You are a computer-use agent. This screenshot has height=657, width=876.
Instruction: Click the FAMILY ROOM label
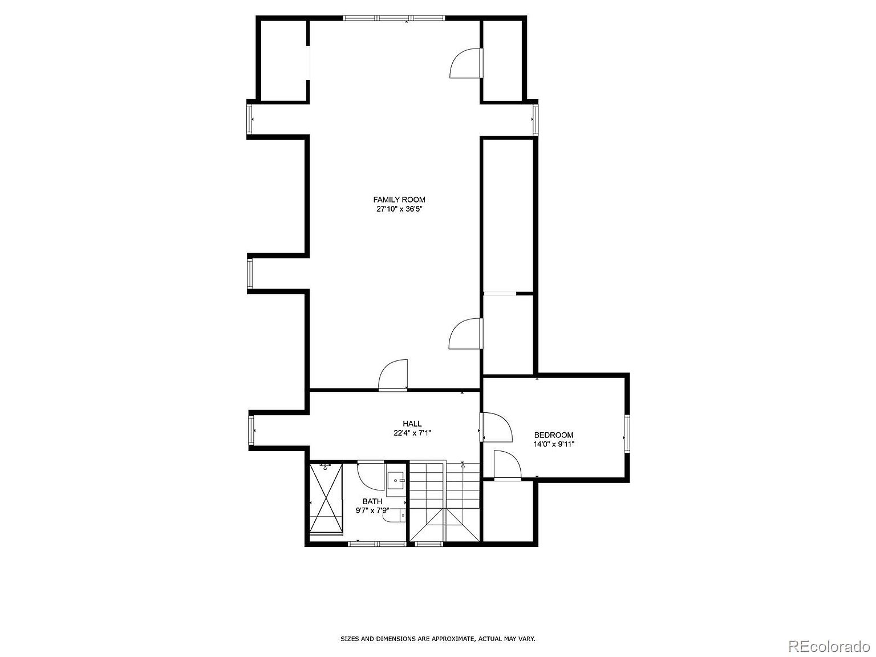click(x=399, y=200)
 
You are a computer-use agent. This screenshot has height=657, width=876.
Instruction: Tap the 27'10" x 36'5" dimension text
click(x=399, y=209)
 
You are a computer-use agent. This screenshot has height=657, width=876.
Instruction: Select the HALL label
click(x=412, y=424)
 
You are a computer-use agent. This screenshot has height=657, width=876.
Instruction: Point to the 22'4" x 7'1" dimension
click(x=412, y=433)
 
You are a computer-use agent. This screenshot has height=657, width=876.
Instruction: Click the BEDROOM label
click(x=553, y=435)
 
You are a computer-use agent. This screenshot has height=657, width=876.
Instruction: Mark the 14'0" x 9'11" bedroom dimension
click(x=553, y=444)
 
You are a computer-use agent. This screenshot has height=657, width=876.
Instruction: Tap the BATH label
click(x=372, y=501)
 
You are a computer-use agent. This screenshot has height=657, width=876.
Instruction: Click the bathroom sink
click(x=395, y=481)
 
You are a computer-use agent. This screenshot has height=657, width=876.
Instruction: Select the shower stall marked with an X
click(x=326, y=498)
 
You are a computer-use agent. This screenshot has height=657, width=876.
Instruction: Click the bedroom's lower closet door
click(x=507, y=465)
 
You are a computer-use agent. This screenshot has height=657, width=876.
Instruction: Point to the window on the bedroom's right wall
click(x=626, y=435)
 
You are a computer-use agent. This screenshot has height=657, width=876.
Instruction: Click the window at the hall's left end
click(x=251, y=430)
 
